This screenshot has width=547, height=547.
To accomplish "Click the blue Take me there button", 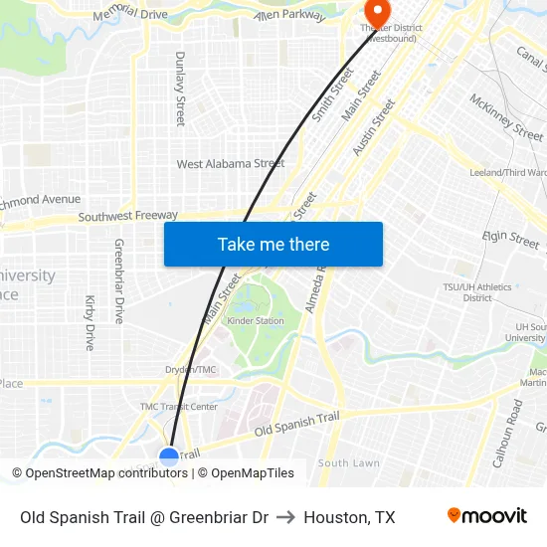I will (273, 244).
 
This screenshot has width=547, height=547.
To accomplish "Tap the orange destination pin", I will (376, 13).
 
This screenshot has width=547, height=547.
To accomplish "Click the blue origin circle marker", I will (169, 456).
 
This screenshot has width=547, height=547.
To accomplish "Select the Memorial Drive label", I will (129, 14).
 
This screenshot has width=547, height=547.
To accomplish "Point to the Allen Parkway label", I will (289, 16).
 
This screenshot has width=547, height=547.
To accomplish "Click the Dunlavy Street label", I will (180, 89).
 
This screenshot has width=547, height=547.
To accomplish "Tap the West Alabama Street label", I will (230, 164).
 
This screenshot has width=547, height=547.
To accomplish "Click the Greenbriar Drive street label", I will (119, 280).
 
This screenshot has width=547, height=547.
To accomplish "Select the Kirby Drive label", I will (90, 322).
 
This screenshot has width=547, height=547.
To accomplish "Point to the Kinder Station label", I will (256, 321).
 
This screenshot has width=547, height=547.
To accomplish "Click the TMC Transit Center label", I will (178, 407).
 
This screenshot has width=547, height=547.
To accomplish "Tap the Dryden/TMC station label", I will (190, 370).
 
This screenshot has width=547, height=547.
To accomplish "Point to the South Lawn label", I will (348, 463).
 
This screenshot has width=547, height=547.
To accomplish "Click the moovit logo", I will (486, 515).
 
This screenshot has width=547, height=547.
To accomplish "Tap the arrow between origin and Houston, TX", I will (285, 517).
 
